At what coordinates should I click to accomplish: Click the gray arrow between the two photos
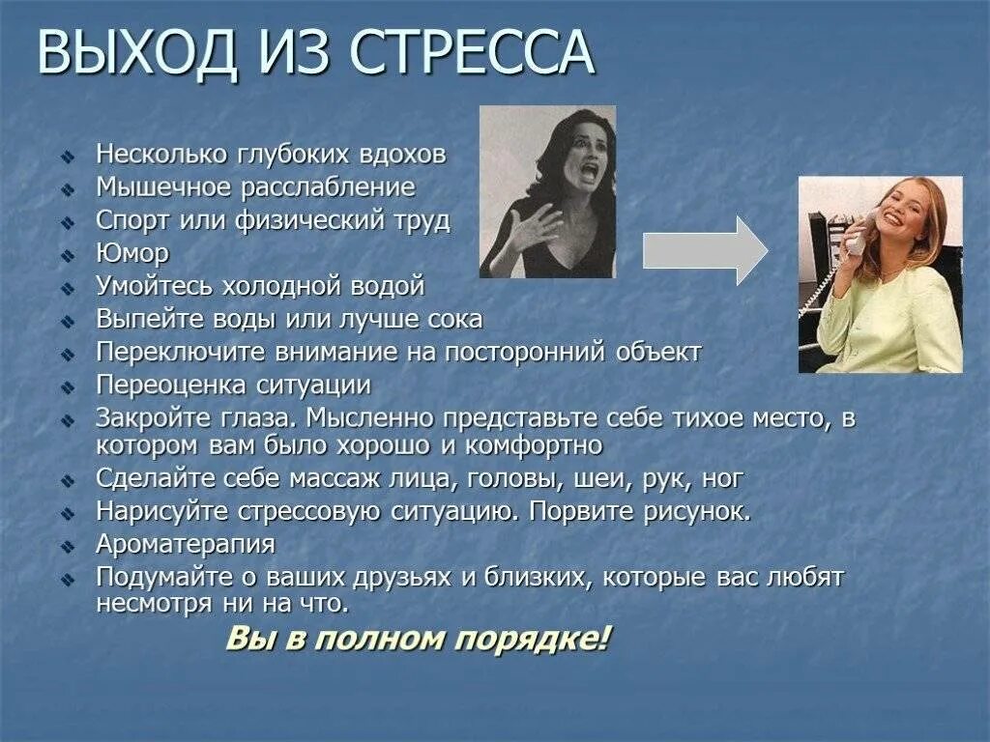705,251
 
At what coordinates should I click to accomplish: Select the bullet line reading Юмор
132,253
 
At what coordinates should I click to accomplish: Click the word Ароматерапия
186,544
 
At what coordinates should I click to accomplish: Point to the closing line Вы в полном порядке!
419,639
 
